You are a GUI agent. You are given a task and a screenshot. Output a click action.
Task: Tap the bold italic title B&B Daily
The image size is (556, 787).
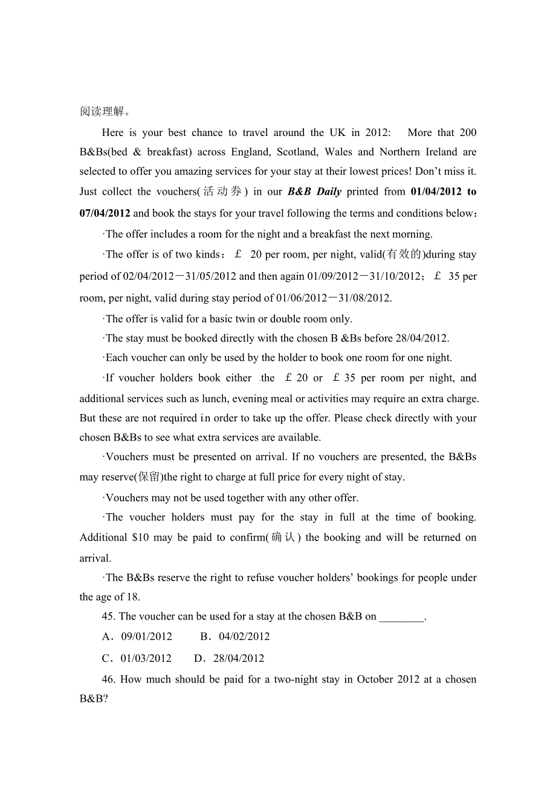314,192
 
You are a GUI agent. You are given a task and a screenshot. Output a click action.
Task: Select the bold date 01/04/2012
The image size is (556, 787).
435,192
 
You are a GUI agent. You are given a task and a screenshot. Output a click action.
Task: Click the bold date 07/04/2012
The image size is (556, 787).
105,213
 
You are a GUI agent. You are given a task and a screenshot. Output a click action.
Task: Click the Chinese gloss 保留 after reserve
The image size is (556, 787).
148,477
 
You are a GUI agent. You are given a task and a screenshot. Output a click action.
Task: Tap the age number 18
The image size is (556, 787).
132,597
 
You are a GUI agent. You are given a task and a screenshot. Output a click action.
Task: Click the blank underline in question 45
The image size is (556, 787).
402,617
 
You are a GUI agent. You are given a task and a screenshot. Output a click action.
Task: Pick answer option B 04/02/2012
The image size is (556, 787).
244,636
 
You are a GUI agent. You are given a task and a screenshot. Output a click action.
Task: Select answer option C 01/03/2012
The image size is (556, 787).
146,658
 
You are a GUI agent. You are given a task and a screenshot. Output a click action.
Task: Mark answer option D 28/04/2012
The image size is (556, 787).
238,658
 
